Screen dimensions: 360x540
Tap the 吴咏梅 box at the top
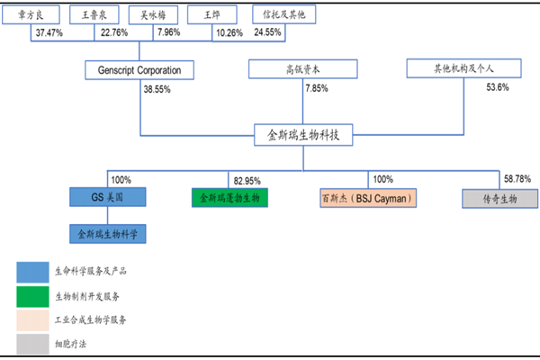(x=153, y=15)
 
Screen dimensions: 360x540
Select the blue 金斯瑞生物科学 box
(x=108, y=234)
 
